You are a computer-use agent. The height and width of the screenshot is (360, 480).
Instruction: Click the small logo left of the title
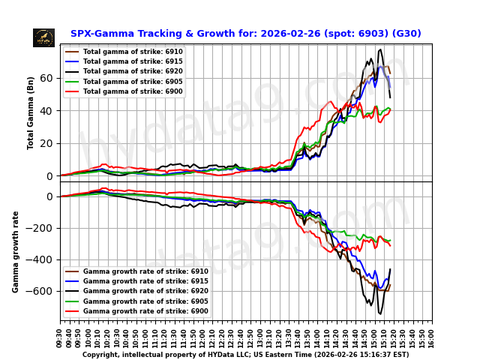pyautogui.click(x=43, y=37)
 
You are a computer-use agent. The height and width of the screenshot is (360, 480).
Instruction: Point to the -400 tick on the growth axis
pyautogui.click(x=43, y=259)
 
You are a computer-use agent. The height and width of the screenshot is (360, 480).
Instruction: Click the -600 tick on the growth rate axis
pyautogui.click(x=43, y=291)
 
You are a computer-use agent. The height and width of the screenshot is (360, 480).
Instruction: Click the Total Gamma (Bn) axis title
pyautogui.click(x=31, y=112)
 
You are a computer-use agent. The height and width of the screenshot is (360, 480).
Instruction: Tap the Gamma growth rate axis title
pyautogui.click(x=16, y=251)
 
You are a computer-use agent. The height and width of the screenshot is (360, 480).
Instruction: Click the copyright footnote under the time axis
pyautogui.click(x=245, y=355)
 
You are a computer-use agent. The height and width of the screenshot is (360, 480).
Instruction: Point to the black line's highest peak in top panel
pyautogui.click(x=381, y=50)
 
